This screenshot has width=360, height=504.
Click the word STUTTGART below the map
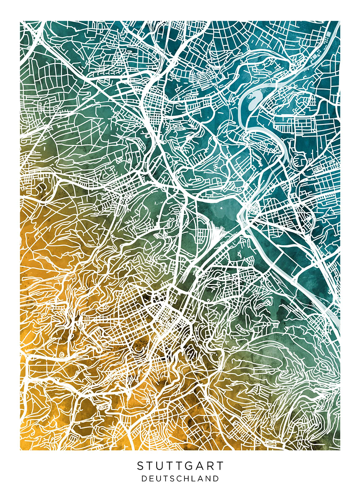[180, 466]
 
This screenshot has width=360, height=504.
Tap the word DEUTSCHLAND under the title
[180, 478]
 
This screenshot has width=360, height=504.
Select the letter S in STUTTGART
[140, 466]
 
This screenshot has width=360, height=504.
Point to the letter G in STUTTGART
[189, 466]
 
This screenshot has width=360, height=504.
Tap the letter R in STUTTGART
[210, 466]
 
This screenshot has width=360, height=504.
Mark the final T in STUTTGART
[220, 466]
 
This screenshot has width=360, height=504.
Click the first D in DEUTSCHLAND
[144, 478]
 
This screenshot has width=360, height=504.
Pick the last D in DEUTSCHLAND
[216, 478]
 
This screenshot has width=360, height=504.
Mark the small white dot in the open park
[222, 209]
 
